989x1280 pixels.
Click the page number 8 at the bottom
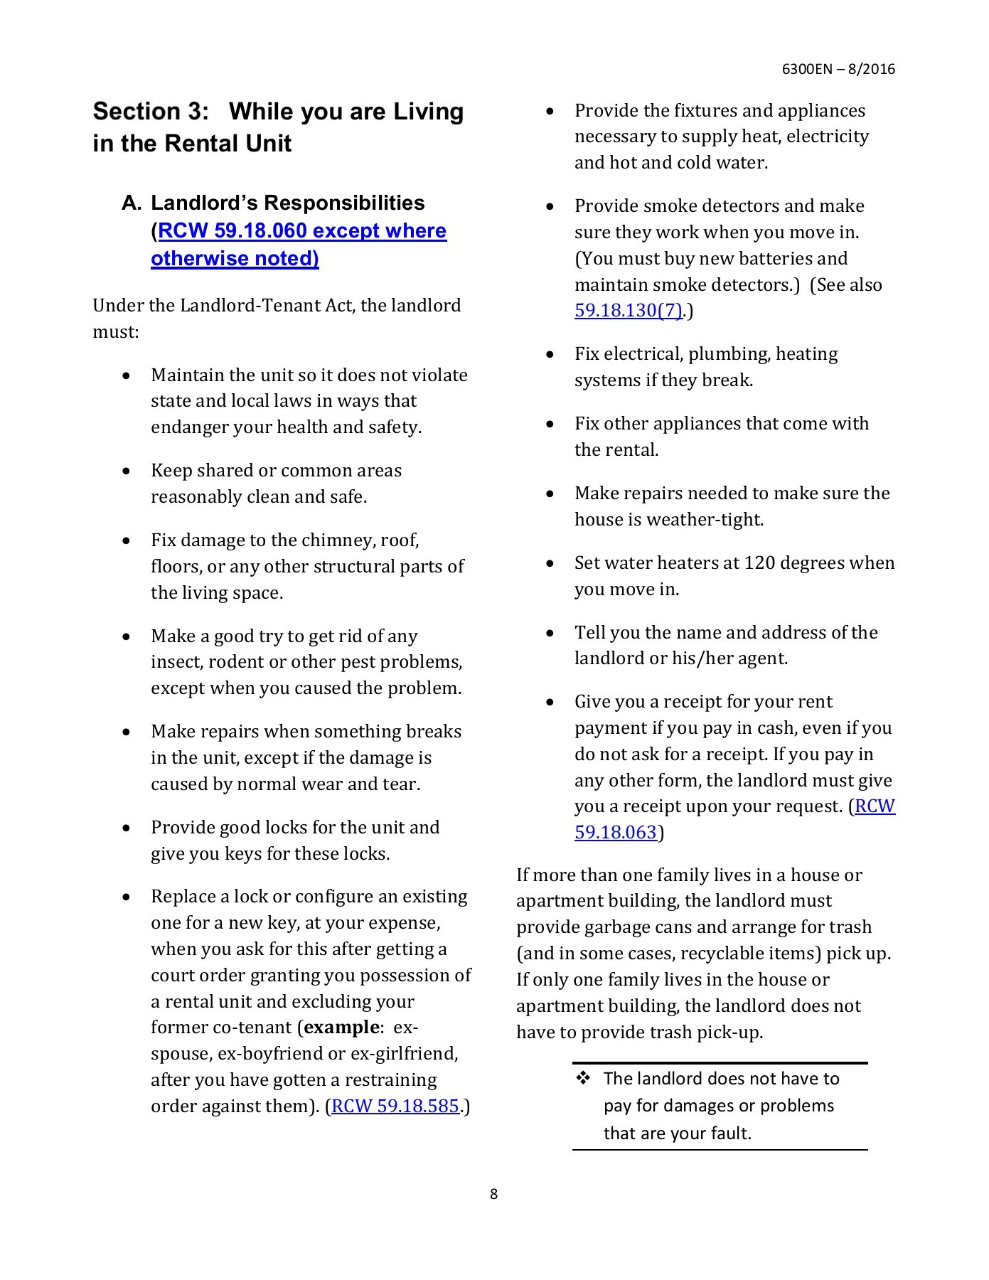tap(493, 1194)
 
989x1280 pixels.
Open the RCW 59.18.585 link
tap(395, 1106)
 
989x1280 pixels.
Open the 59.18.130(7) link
tap(629, 311)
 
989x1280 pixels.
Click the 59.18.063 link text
tap(615, 832)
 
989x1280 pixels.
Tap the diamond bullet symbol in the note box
tap(584, 1078)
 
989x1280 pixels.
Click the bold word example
tap(341, 1028)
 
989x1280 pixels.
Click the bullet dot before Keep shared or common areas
tap(127, 471)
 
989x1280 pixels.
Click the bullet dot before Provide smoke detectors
tap(550, 206)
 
